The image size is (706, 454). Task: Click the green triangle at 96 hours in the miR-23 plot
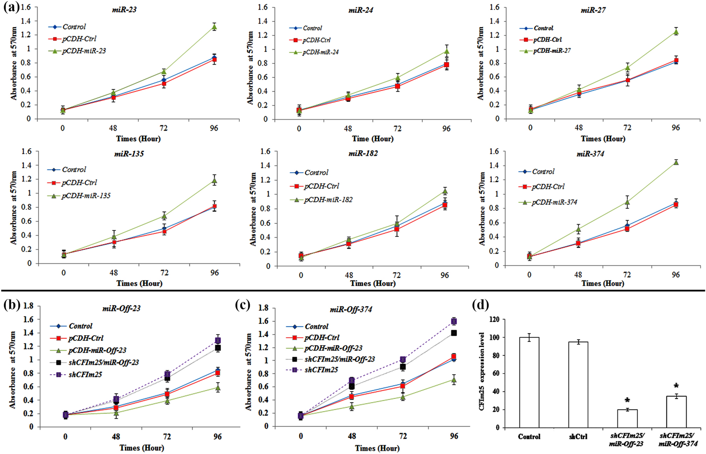point(214,27)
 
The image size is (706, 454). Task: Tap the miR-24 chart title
point(361,11)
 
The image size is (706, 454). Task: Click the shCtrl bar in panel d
point(578,384)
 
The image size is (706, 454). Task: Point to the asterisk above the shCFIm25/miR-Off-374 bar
point(676,386)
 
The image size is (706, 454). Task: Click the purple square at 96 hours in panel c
point(454,321)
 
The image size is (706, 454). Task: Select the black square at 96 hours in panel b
point(218,348)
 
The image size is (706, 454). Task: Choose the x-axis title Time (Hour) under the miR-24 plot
point(373,139)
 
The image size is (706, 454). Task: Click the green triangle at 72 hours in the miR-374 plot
point(627,202)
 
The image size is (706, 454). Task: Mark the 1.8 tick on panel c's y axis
point(263,308)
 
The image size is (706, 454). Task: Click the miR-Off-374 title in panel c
point(351,310)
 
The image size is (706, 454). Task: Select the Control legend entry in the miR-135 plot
point(74,170)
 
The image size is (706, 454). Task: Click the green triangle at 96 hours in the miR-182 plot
point(445,191)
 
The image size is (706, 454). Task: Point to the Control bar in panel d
point(529,382)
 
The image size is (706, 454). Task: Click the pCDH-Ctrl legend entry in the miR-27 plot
point(547,40)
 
